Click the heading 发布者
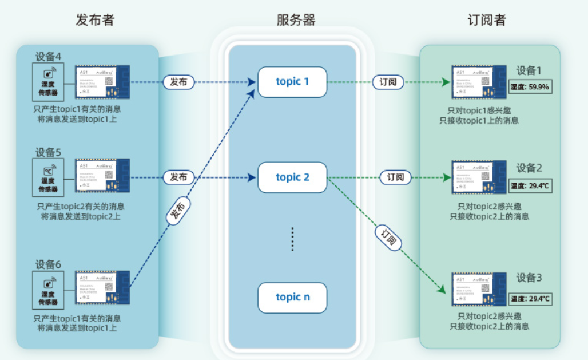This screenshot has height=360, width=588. point(95,20)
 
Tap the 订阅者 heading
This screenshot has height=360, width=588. point(486,20)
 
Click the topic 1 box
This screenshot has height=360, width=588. point(292,82)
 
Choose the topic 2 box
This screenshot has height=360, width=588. point(292,177)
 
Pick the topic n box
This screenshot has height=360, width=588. point(292,297)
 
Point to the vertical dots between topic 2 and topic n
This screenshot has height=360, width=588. point(292,239)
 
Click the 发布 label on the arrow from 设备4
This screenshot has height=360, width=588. point(178,82)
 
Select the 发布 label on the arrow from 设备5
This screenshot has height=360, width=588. point(178,177)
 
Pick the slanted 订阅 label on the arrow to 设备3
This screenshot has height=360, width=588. point(389,237)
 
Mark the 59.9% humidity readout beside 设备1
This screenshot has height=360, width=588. point(530,88)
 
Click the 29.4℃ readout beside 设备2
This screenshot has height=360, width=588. point(530,185)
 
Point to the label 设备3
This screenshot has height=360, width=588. point(529,278)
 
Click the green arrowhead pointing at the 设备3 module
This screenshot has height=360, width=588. point(441,289)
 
